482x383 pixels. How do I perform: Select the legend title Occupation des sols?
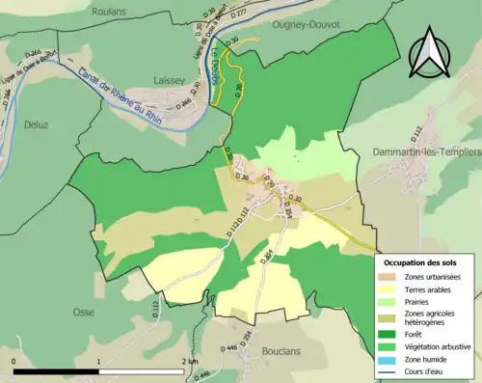point(420,262)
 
